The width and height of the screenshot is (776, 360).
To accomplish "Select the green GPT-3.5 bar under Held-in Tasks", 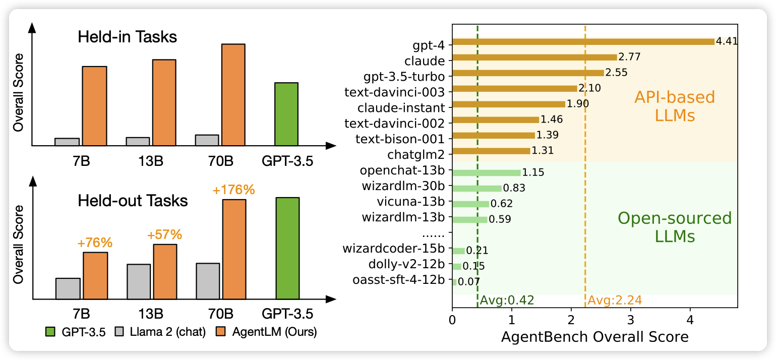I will point(286,114).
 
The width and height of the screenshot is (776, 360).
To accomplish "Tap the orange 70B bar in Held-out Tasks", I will point(234,249).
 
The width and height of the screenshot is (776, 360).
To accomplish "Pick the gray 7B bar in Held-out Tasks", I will point(68,287).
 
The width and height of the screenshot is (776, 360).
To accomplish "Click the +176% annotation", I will point(233,191).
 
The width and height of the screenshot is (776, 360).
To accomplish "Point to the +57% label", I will point(164,235).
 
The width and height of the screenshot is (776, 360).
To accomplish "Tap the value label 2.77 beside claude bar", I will point(629,56).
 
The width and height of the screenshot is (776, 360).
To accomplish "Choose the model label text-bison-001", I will point(410,136).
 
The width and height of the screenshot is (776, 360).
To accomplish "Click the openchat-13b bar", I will point(486,172).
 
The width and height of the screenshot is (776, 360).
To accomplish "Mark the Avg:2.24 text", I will point(615,301).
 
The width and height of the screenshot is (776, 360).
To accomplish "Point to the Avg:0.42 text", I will point(507,301).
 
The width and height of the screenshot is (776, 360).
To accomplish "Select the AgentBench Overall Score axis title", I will point(594,337).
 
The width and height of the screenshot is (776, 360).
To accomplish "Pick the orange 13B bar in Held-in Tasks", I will point(164,103).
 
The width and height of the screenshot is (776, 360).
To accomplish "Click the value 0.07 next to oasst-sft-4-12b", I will point(469,282).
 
